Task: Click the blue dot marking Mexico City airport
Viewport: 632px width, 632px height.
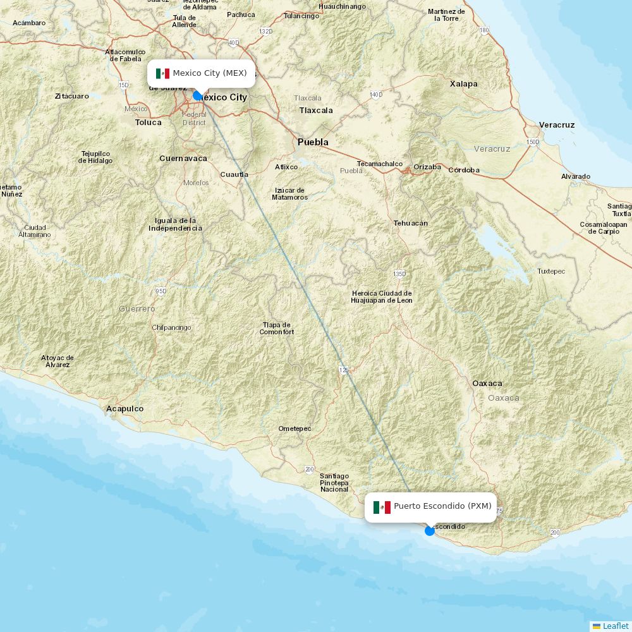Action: (197, 95)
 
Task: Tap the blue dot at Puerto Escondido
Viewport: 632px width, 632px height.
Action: (430, 530)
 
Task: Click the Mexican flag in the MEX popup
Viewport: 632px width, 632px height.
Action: (162, 73)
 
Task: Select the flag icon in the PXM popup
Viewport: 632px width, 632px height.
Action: (382, 507)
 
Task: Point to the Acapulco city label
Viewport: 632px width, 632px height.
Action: (125, 409)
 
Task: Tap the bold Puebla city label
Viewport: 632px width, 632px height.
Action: (313, 142)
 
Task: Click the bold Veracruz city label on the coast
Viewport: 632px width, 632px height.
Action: (557, 125)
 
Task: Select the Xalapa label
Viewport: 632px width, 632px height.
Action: (463, 83)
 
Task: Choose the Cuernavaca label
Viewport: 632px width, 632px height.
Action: (183, 159)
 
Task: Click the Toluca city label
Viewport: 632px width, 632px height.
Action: (149, 123)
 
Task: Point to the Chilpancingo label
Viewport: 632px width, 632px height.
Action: (171, 327)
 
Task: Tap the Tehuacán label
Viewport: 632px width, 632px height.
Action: (411, 223)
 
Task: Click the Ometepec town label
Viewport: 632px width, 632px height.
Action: (295, 428)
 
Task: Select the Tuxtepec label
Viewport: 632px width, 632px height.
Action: (551, 271)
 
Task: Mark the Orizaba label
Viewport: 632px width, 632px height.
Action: (427, 167)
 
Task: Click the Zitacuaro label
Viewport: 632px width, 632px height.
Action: (71, 96)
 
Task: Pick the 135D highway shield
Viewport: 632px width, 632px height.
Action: (399, 274)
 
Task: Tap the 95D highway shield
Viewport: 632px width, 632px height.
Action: (161, 291)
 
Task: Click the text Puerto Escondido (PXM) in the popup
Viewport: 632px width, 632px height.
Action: (442, 506)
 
